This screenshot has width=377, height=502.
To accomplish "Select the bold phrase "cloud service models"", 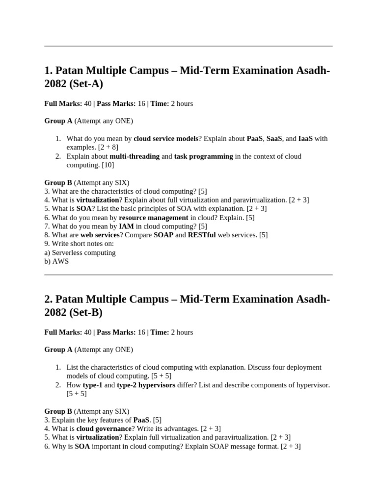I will tap(165, 139).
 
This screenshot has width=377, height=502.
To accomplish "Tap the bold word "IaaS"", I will tap(306, 139).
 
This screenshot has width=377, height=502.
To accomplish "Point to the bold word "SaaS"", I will tap(274, 139).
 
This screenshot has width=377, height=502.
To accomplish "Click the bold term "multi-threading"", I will tap(135, 156).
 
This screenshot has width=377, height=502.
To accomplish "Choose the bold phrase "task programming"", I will tap(203, 156).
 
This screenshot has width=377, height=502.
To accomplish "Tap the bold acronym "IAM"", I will tap(126, 226).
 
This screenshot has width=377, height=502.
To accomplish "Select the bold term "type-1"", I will tap(92, 385).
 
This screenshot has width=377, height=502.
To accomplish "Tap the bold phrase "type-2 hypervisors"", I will tap(146, 385).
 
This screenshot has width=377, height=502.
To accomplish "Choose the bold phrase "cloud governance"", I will tap(104, 428).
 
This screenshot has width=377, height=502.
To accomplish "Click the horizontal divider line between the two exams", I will tap(188, 275).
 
